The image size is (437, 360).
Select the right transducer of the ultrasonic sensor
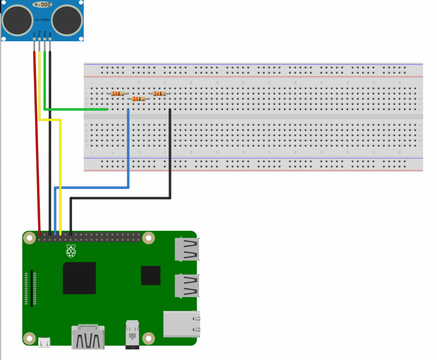tap(67, 20)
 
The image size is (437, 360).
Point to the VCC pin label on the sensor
tap(34, 34)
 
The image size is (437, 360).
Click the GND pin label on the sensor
tap(50, 34)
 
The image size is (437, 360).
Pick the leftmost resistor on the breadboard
tap(117, 93)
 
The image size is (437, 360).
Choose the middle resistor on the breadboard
tap(138, 99)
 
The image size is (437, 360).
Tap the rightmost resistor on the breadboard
tap(159, 93)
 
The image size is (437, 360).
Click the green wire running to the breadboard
tap(77, 110)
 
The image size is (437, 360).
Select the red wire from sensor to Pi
tap(37, 145)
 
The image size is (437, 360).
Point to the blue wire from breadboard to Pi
tap(128, 149)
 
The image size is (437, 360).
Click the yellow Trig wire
tap(60, 171)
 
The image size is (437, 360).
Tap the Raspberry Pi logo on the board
tap(71, 251)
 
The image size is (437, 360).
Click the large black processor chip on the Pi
tap(79, 278)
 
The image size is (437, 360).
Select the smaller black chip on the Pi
tap(151, 275)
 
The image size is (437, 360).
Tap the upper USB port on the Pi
tap(186, 249)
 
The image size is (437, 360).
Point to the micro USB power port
tap(44, 342)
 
